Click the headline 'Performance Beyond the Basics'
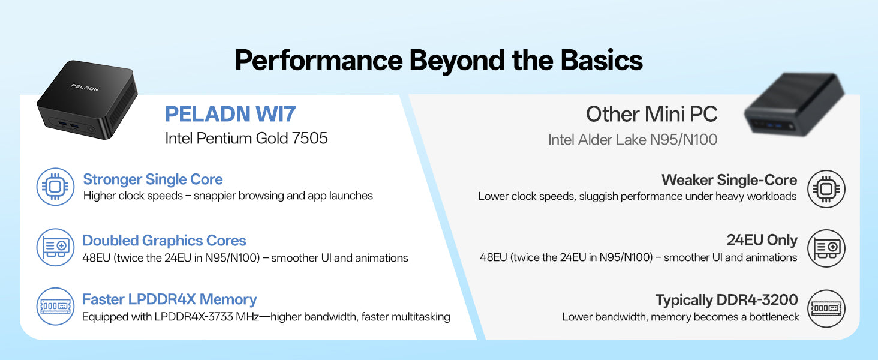[x=438, y=60]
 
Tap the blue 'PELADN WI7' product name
[x=230, y=114]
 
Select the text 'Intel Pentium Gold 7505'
[x=246, y=138]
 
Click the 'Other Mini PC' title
[x=651, y=114]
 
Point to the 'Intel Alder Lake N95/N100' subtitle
[x=633, y=140]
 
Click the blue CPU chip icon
[x=55, y=187]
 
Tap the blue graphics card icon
[x=55, y=247]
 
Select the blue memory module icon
[x=55, y=306]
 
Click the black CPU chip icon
[x=826, y=189]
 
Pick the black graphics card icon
[x=826, y=248]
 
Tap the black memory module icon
[x=826, y=308]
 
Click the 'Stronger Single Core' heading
[x=153, y=179]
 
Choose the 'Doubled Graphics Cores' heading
[x=164, y=241]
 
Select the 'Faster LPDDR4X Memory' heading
[x=169, y=299]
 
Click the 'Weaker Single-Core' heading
[x=729, y=180]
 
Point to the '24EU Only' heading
[x=762, y=239]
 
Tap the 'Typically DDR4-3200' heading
[x=726, y=300]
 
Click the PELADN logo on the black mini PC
[x=85, y=88]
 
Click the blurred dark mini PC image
[x=794, y=105]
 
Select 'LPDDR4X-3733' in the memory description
[x=194, y=316]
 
